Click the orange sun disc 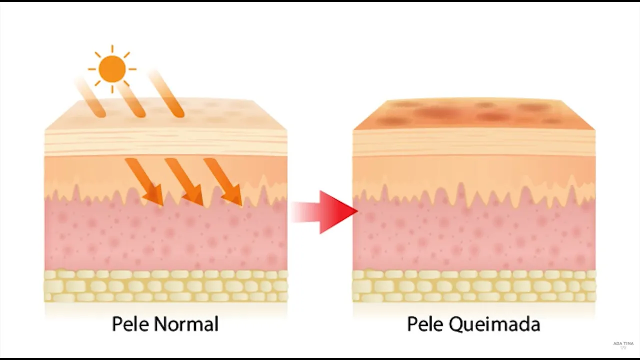(x=112, y=68)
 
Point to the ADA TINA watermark (x=623, y=344)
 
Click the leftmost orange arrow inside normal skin (x=144, y=181)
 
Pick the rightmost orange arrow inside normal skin (x=223, y=181)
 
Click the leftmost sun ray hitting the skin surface (x=90, y=98)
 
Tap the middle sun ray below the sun (x=131, y=100)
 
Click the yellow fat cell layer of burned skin (x=474, y=286)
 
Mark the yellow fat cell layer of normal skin (x=165, y=286)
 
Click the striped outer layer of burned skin (x=474, y=142)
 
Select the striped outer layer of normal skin (x=165, y=142)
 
